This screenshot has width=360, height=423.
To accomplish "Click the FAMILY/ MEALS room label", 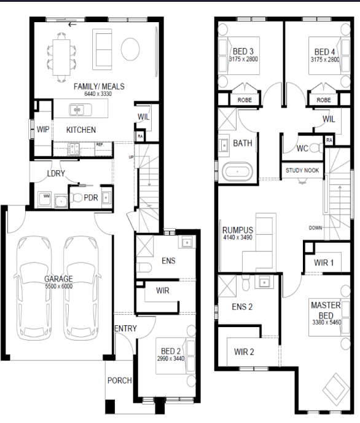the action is coord(99,87).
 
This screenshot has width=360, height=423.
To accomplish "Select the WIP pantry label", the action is coord(43,130).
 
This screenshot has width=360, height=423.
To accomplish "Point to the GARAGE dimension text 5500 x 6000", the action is coord(59,287).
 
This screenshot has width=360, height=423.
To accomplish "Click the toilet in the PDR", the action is coord(76,198).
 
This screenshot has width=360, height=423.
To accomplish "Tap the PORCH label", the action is coord(120,381).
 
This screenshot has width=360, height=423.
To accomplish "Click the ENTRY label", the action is coord(125,328).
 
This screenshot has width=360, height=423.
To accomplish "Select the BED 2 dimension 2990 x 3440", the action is coord(171,358).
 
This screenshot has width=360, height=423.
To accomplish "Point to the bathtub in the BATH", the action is coord(237,172).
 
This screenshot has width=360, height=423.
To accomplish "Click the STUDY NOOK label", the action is coord(302,170).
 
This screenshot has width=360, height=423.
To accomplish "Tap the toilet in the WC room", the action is coord(316,148).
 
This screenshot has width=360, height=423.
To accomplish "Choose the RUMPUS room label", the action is coord(238,230).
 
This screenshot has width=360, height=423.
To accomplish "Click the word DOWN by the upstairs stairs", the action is coord(315,227).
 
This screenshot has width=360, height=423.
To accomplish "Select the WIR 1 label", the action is coord(324,263).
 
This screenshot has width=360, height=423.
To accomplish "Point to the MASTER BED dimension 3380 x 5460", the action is coord(327,322).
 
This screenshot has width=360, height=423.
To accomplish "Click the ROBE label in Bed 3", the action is coord(245,100).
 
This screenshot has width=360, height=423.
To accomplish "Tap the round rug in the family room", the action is coord(130,49).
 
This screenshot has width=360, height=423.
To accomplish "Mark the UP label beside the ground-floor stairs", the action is coord(131,157).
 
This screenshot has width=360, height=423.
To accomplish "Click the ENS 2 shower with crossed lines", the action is coord(227,286).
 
